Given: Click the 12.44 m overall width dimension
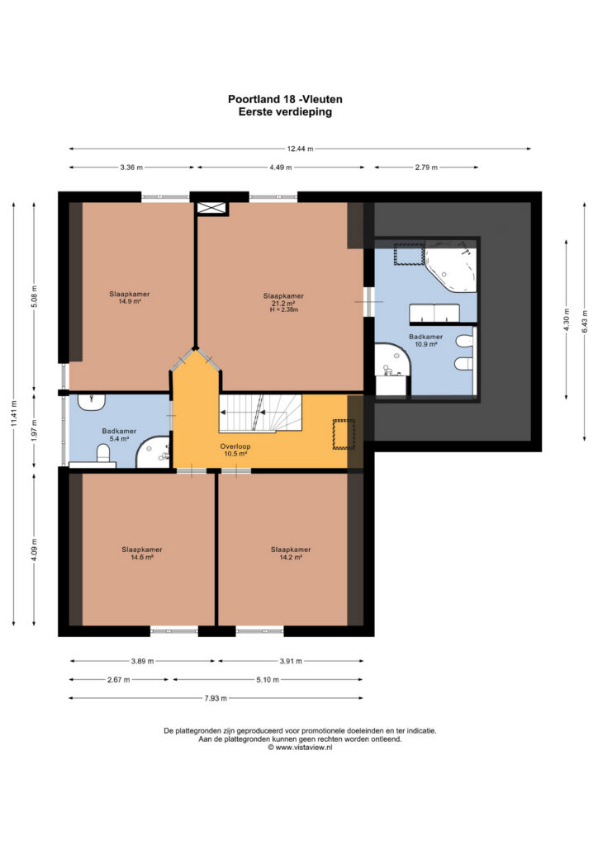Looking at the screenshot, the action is pos(300,149).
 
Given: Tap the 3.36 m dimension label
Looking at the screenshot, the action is pos(131,167).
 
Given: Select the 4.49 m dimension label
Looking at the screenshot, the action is pos(281,167).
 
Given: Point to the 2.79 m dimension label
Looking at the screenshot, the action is pos(426,167).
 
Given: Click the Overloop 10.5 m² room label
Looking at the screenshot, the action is pos(235,450).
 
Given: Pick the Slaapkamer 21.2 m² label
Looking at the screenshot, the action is pos(283,302).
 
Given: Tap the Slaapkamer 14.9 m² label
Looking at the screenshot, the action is pos(130,297).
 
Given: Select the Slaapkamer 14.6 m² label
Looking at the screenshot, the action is pos(142,554).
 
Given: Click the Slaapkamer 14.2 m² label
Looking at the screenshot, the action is pos(291,554).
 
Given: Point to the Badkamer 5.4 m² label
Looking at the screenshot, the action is pos(119,435).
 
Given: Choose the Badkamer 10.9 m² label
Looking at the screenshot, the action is pos(425,340).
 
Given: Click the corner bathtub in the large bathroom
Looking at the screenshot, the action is pos(451,270).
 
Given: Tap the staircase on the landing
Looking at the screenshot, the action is pos(260,413).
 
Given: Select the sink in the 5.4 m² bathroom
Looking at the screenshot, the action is pos(92,402).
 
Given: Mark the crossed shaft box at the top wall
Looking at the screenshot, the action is pos(211,209).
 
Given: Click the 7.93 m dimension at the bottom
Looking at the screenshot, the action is pos(216,698).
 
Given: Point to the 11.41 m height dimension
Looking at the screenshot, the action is pos(14,413).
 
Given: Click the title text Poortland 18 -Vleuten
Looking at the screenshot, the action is pos(285,99).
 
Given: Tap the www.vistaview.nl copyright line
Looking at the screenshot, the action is pos(300,748).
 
